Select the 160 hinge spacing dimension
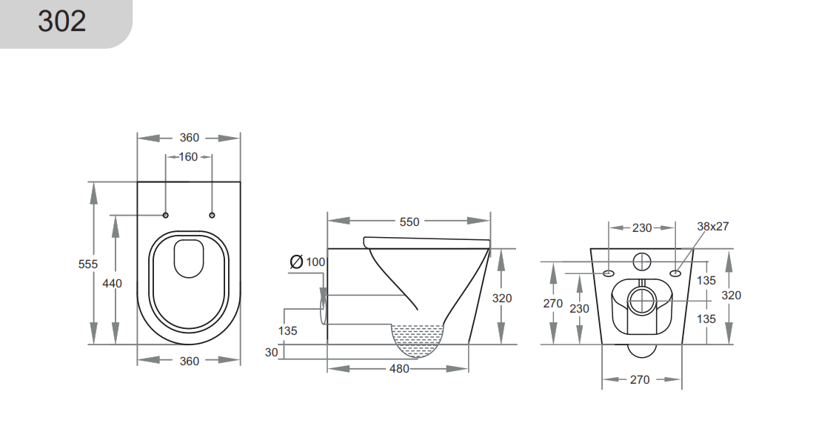(x=188, y=157)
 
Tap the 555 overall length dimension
(x=88, y=264)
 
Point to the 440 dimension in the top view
(x=112, y=283)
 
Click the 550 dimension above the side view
(x=409, y=222)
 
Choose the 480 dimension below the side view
(x=398, y=368)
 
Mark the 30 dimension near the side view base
(x=272, y=353)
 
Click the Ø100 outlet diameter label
(x=307, y=262)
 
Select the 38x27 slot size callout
(x=712, y=227)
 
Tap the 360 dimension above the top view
(x=190, y=138)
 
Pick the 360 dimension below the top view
(x=190, y=361)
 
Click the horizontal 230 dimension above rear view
(x=641, y=228)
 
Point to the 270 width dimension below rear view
(x=640, y=379)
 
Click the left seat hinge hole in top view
(x=165, y=216)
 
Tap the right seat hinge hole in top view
(x=213, y=216)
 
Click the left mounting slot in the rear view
(x=609, y=274)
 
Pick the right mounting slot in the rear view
(x=675, y=274)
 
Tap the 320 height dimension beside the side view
(x=501, y=298)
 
